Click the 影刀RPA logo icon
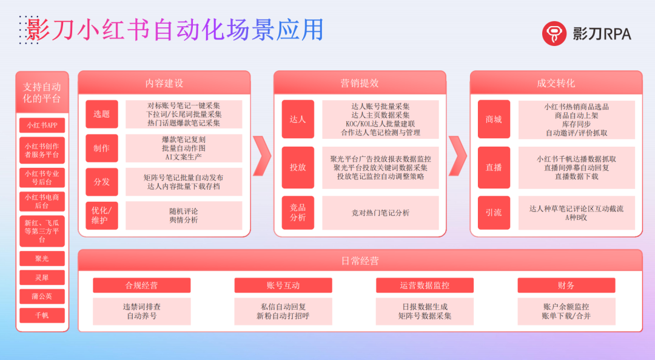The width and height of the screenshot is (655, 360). [554, 34]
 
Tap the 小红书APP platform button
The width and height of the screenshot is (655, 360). [42, 126]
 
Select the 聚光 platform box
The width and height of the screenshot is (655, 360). [42, 259]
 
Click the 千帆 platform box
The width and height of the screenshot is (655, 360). [42, 315]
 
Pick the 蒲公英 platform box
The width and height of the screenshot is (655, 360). [42, 297]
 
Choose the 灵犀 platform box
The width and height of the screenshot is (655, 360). [42, 278]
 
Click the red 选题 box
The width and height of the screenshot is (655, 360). [101, 114]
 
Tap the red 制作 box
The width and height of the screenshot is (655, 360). [101, 148]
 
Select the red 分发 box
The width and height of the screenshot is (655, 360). [101, 182]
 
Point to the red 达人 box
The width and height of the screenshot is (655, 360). [298, 119]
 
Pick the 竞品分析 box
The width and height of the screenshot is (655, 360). [298, 213]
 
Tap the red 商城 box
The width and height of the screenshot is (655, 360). [494, 119]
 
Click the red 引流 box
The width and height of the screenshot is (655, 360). [494, 213]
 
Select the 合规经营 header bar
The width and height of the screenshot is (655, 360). [141, 285]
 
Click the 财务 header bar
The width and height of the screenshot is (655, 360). [566, 285]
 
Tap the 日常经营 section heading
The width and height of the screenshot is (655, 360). [360, 261]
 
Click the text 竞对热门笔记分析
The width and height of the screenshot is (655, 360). [380, 213]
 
